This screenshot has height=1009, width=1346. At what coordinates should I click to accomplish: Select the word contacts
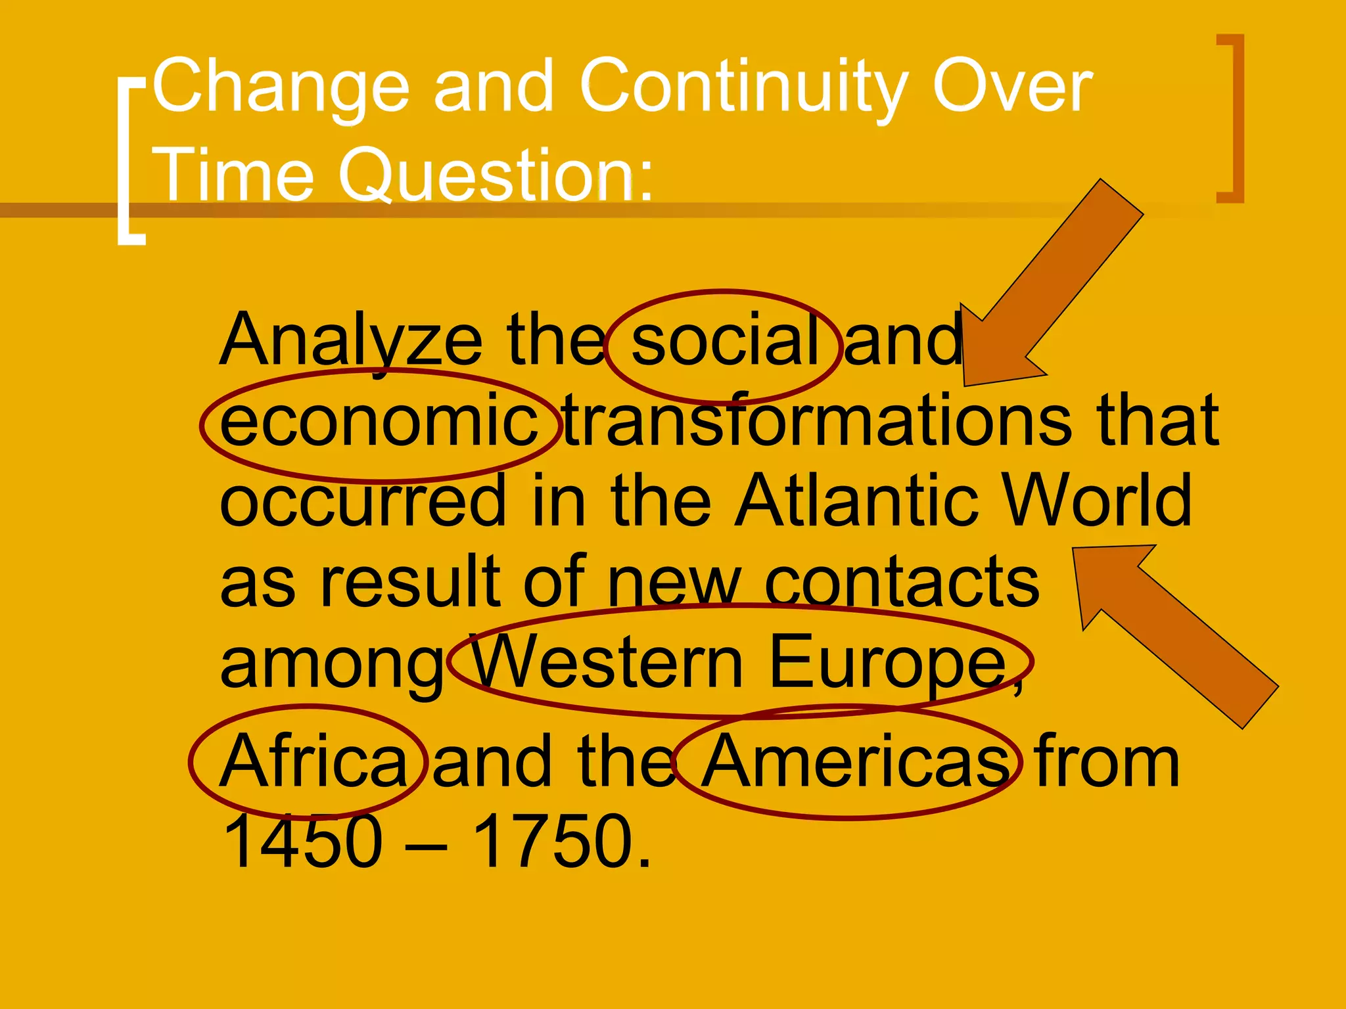click(x=901, y=582)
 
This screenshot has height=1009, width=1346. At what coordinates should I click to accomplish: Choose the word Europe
click(x=887, y=663)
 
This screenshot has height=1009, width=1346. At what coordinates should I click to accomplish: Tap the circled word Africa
click(x=313, y=762)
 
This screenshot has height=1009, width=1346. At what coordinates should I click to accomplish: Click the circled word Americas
click(x=854, y=762)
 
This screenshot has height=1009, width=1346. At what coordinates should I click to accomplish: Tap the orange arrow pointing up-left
click(x=1170, y=631)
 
